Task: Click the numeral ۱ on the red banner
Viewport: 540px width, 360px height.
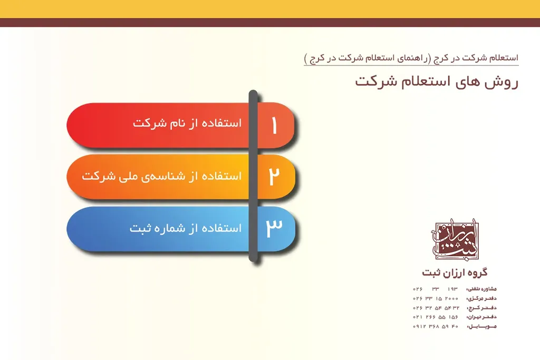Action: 274,125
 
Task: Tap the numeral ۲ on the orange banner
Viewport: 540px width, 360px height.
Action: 274,177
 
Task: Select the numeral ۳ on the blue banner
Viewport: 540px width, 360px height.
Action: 274,228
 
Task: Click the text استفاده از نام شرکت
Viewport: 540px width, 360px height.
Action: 187,123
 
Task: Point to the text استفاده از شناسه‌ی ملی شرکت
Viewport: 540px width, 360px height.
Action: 161,176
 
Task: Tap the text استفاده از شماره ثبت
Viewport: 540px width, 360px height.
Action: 186,228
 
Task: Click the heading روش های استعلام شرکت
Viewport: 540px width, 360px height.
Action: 437,82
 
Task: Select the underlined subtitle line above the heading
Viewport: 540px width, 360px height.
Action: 411,59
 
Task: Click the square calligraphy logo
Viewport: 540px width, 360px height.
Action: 457,241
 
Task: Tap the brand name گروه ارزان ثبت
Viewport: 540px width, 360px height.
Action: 455,273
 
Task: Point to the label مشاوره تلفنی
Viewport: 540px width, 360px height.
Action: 481,289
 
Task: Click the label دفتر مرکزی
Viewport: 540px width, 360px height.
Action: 481,298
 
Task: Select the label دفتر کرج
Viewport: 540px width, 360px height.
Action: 481,308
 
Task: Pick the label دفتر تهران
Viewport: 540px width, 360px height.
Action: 481,317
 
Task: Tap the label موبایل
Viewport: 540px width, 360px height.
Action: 481,327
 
